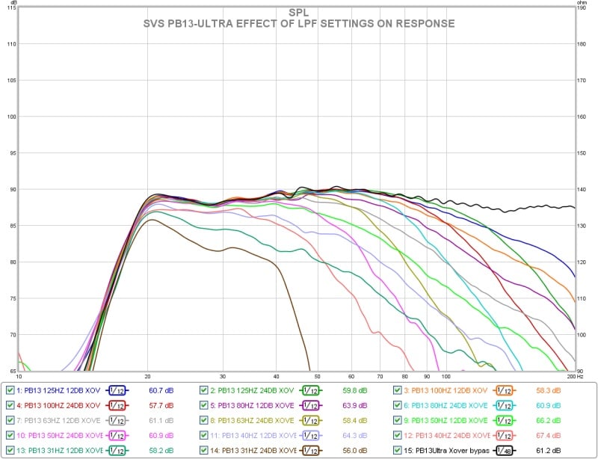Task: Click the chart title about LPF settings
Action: coord(298,24)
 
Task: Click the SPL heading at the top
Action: coord(298,12)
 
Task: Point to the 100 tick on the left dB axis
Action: coord(10,117)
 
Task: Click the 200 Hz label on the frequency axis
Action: coord(571,377)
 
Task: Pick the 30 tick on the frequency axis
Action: coord(223,377)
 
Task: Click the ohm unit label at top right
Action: coord(582,3)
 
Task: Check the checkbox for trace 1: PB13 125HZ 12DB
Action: coord(10,390)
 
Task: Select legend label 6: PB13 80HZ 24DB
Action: coord(445,405)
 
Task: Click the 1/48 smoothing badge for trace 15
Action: coord(502,450)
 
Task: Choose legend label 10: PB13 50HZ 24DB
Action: coord(59,435)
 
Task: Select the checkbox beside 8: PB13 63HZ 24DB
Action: coord(204,420)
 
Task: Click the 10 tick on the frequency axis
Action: coord(19,377)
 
